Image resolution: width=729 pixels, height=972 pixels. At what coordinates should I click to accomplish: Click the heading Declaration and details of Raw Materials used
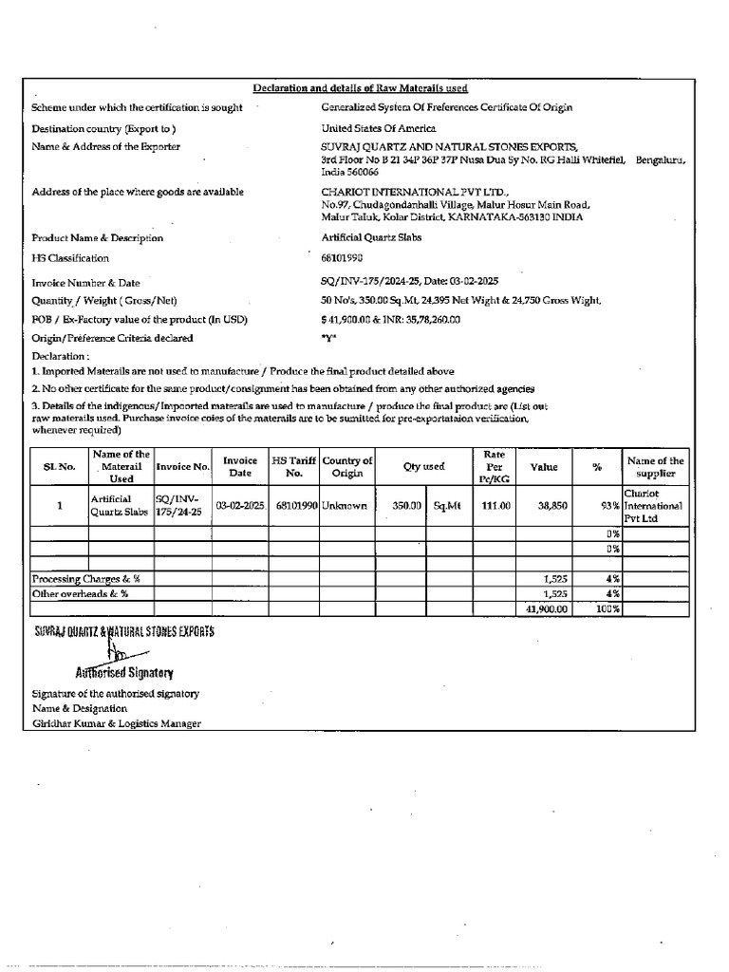[x=360, y=88]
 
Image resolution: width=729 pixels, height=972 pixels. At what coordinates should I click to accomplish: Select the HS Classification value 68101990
[x=343, y=258]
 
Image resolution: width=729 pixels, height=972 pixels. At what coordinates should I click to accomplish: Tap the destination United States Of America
[x=379, y=128]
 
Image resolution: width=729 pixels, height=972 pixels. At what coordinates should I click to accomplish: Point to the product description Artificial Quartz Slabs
[x=371, y=238]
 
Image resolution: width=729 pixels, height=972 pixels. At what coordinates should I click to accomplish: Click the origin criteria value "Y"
[x=329, y=338]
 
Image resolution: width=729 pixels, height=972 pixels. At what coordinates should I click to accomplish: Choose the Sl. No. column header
[x=59, y=467]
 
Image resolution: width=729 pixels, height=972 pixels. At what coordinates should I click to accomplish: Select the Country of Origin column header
[x=347, y=467]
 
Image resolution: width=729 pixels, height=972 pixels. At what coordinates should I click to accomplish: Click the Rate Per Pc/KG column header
[x=495, y=467]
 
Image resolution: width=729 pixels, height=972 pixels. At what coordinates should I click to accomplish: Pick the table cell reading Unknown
[x=344, y=507]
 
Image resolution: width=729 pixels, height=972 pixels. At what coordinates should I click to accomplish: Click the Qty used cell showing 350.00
[x=406, y=507]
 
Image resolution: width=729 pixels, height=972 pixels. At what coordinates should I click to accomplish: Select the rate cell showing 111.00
[x=495, y=507]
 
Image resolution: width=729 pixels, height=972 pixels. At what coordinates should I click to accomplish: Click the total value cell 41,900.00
[x=546, y=609]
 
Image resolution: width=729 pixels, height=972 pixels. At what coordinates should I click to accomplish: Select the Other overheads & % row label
[x=81, y=593]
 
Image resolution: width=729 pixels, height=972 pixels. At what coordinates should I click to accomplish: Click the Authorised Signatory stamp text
[x=124, y=673]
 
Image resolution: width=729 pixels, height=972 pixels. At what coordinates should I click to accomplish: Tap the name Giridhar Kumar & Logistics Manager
[x=117, y=723]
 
